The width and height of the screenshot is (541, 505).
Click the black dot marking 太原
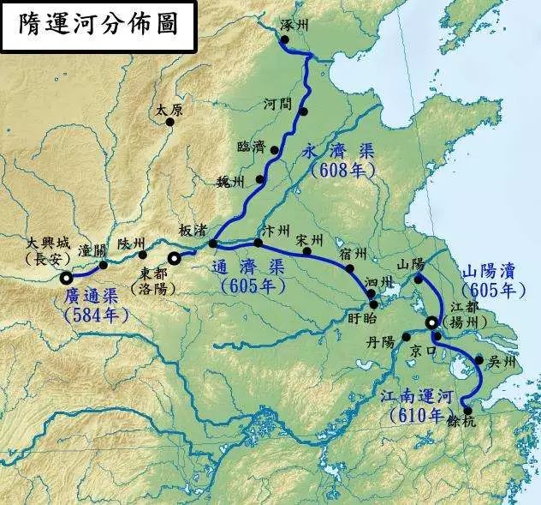click(x=169, y=122)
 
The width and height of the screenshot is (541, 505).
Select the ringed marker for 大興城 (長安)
click(x=67, y=277)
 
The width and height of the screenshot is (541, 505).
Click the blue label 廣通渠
click(x=91, y=298)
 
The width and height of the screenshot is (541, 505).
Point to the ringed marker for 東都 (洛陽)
click(x=174, y=257)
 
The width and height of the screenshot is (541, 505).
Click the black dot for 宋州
click(x=306, y=250)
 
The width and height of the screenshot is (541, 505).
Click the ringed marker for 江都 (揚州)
click(x=431, y=323)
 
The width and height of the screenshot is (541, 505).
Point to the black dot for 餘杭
click(x=467, y=411)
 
